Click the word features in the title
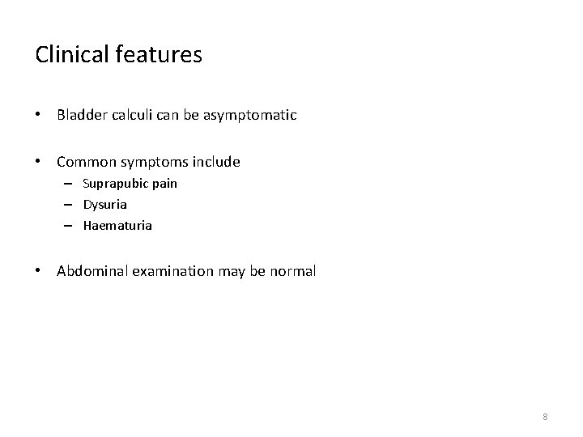[158, 54]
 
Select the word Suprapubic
[116, 184]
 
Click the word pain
[164, 184]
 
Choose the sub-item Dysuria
[105, 205]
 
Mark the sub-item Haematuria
[117, 226]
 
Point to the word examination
[174, 271]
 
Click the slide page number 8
[545, 416]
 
